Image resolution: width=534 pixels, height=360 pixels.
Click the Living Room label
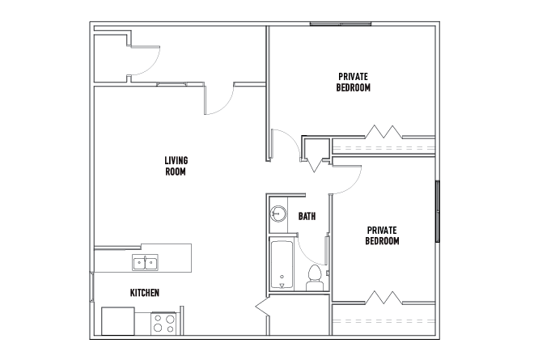pyautogui.click(x=176, y=166)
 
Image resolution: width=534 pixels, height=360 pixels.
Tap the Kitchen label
pyautogui.click(x=145, y=293)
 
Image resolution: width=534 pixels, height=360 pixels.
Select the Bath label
pyautogui.click(x=307, y=216)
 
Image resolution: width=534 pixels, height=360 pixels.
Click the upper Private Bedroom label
pyautogui.click(x=353, y=82)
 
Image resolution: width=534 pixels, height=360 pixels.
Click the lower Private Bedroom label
pyautogui.click(x=382, y=235)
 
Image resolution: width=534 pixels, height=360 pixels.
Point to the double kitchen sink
pyautogui.click(x=145, y=263)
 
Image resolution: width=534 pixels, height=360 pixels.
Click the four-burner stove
pyautogui.click(x=163, y=324)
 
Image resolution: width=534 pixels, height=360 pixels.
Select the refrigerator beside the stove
pyautogui.click(x=118, y=321)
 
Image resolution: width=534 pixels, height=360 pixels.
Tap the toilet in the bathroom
pyautogui.click(x=315, y=278)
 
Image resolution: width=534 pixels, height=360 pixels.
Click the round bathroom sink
pyautogui.click(x=278, y=214)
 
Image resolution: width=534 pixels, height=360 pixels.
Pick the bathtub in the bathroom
pyautogui.click(x=282, y=265)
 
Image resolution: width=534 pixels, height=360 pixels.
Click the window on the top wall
pyautogui.click(x=341, y=23)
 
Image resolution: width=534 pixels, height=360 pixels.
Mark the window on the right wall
pyautogui.click(x=438, y=211)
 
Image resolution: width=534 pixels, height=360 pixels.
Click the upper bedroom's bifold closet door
pyautogui.click(x=384, y=132)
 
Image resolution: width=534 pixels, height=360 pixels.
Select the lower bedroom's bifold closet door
pyautogui.click(x=384, y=298)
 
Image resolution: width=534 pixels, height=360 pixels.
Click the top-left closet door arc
pyautogui.click(x=153, y=66)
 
